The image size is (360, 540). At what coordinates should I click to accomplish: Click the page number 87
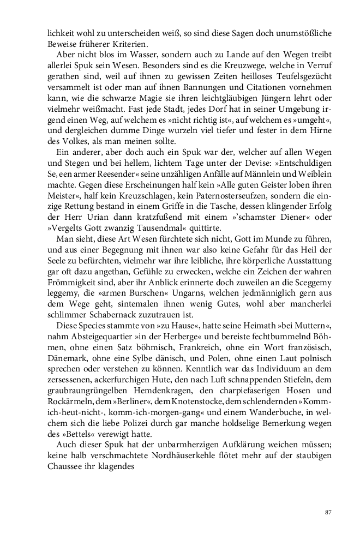(x=328, y=512)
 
